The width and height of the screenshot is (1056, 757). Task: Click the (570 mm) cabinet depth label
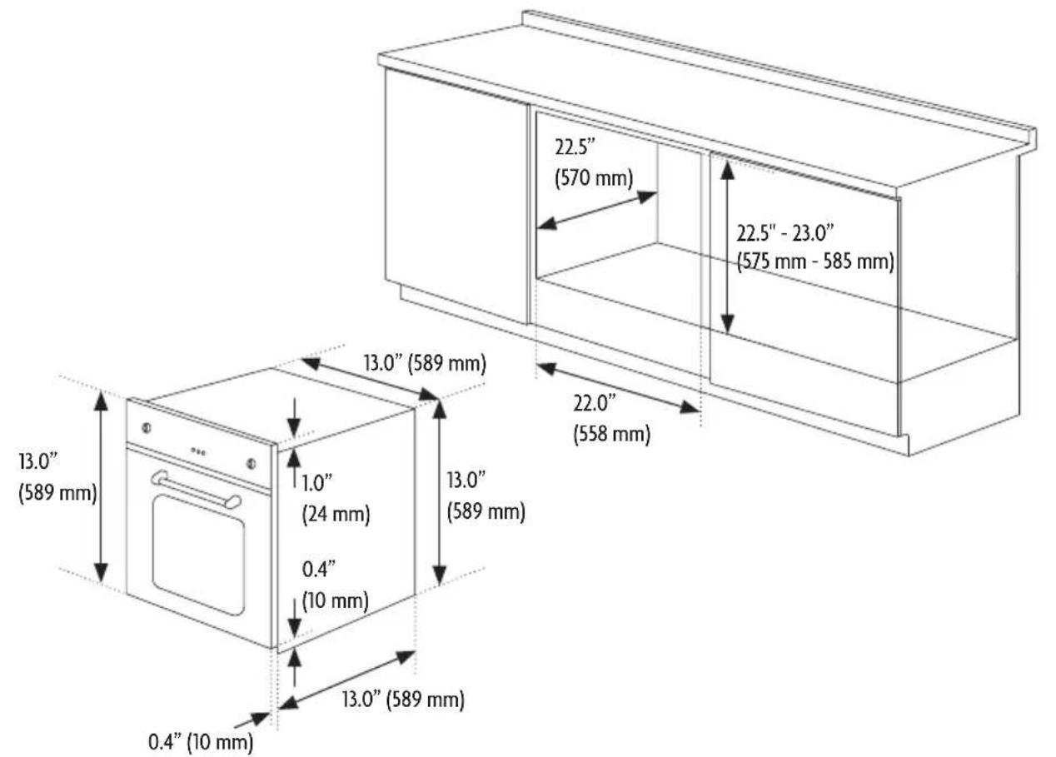click(x=594, y=179)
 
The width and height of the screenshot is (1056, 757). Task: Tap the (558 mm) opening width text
click(x=611, y=434)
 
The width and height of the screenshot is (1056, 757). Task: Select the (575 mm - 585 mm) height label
click(x=815, y=261)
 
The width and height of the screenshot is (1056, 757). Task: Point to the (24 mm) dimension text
click(x=336, y=513)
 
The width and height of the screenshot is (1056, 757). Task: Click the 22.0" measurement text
click(x=595, y=403)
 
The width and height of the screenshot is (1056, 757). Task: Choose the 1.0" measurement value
click(x=316, y=483)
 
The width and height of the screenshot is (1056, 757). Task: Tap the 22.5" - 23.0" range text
click(x=785, y=233)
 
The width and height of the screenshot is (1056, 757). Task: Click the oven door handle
click(x=196, y=490)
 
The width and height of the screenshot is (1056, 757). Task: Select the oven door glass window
click(x=198, y=555)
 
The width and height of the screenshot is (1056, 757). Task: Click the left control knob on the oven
click(x=146, y=428)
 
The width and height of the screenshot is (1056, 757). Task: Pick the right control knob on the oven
click(x=252, y=463)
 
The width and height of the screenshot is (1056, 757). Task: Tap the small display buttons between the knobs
click(x=198, y=451)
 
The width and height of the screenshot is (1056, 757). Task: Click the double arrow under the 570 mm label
click(x=597, y=210)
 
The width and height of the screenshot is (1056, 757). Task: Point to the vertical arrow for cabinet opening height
click(x=727, y=247)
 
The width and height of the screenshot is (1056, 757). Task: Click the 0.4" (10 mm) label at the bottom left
click(x=201, y=741)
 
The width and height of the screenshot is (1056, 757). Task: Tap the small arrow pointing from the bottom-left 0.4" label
click(x=252, y=720)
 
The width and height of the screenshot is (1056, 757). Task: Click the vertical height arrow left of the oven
click(x=102, y=487)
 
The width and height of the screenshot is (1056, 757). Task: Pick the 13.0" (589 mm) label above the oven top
click(x=424, y=364)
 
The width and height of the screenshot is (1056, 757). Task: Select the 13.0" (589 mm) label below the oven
click(x=403, y=699)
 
